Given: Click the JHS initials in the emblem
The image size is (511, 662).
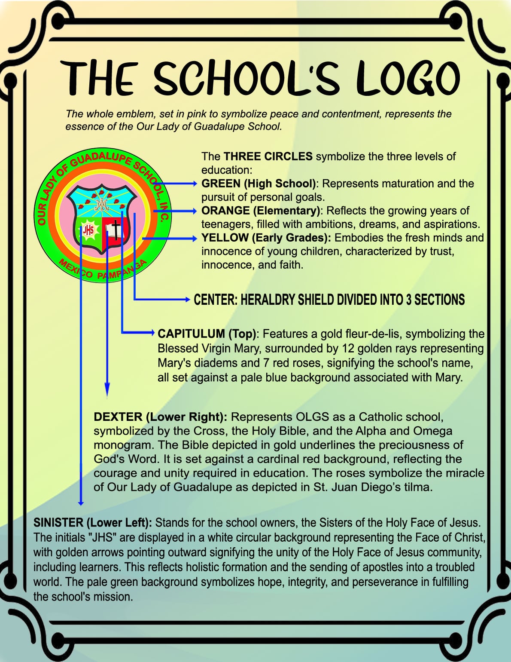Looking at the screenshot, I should pos(88,230).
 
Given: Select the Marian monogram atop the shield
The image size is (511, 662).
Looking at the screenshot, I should pos(101,204).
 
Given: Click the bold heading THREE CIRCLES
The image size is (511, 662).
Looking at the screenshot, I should pos(268,156).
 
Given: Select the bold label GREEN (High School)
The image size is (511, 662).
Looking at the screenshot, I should pos(259,184).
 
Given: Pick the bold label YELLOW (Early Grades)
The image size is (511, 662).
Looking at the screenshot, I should pos(266,238).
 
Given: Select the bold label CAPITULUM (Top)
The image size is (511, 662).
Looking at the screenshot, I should pos(207,334).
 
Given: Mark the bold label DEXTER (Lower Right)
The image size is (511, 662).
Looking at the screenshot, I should pos(160,417).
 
